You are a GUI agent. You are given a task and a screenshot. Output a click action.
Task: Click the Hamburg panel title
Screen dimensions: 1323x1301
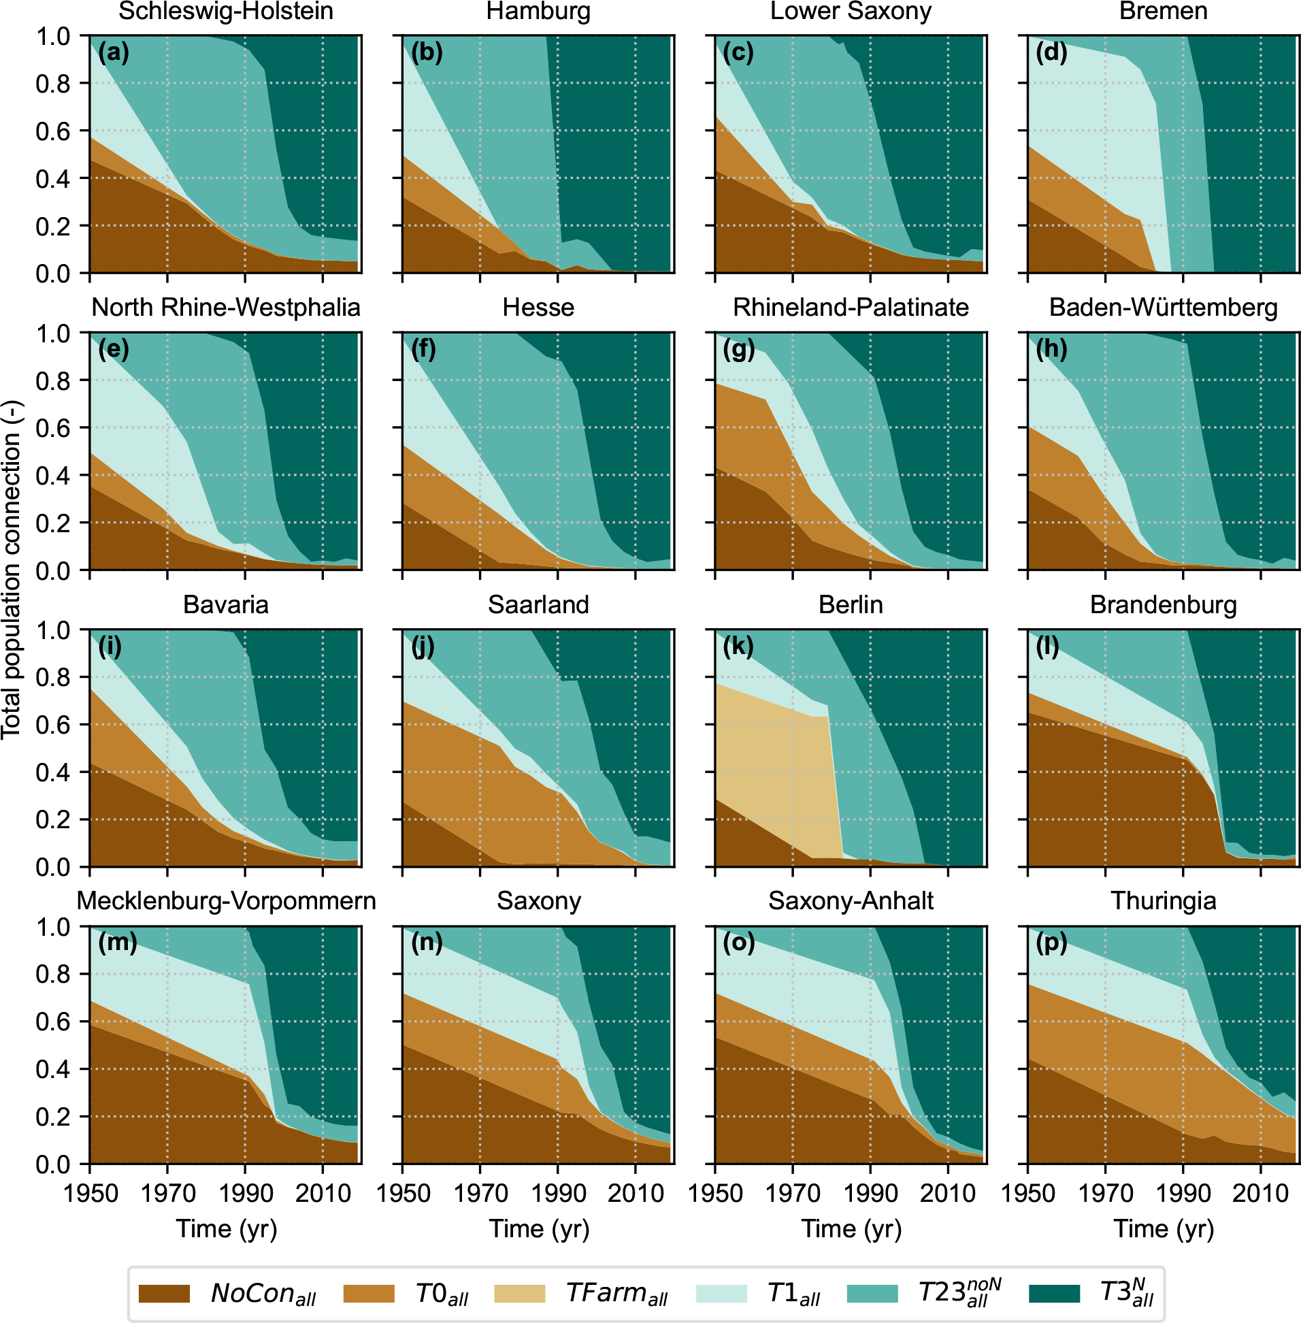tap(538, 12)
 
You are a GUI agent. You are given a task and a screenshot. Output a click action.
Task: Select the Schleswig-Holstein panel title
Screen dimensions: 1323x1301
tap(225, 12)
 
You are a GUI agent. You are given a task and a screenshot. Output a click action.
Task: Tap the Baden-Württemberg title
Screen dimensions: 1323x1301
tap(1163, 308)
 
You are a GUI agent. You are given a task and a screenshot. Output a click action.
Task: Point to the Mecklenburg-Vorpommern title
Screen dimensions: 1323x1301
tap(226, 900)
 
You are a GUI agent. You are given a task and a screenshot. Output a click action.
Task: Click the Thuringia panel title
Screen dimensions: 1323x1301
tap(1163, 900)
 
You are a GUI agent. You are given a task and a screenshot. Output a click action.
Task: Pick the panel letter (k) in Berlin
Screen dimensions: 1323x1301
tap(738, 646)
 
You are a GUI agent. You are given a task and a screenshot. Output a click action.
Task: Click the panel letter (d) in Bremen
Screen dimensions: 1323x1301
tap(1051, 52)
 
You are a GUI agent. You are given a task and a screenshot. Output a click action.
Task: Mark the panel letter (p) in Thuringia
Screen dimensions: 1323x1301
tap(1051, 943)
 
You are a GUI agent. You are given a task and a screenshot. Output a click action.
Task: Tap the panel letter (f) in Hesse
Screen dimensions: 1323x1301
tap(424, 349)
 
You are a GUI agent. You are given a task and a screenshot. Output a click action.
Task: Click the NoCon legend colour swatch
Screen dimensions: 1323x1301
tap(164, 1294)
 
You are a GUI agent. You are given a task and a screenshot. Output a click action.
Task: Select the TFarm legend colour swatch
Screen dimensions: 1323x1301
tap(519, 1294)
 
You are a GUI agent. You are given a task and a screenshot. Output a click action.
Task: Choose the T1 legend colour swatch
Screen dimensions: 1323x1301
tap(721, 1294)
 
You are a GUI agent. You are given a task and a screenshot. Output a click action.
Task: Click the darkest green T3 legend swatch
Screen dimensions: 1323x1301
tap(1053, 1294)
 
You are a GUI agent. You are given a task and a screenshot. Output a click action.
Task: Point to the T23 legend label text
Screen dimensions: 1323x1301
tap(959, 1292)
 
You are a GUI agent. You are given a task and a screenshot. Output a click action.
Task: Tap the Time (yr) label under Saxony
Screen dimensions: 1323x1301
tap(538, 1228)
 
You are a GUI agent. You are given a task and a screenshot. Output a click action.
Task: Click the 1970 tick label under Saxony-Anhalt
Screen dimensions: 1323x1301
tap(793, 1192)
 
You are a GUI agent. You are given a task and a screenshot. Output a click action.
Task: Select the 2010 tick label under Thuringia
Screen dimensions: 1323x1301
tap(1260, 1192)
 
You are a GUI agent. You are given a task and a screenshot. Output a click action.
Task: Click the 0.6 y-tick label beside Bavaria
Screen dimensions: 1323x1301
tap(53, 725)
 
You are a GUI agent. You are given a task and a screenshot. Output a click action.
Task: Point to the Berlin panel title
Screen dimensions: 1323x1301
tap(851, 605)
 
